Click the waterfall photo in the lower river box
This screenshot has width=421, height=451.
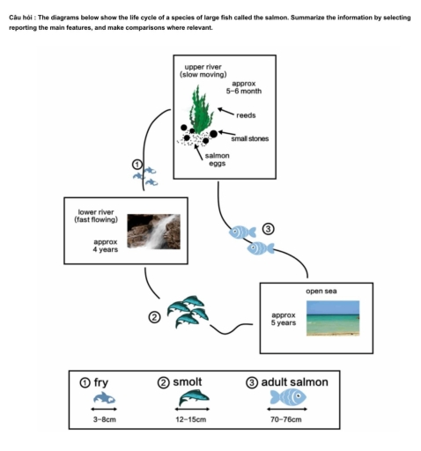[x=153, y=232]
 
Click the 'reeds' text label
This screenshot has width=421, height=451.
[x=246, y=115]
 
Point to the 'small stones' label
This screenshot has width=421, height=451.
[x=249, y=138]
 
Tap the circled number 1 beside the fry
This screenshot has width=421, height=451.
[x=137, y=165]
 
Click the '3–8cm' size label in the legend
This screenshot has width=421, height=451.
[x=106, y=421]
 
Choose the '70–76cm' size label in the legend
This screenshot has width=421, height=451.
[x=285, y=421]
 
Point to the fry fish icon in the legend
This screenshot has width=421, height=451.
[x=106, y=400]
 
